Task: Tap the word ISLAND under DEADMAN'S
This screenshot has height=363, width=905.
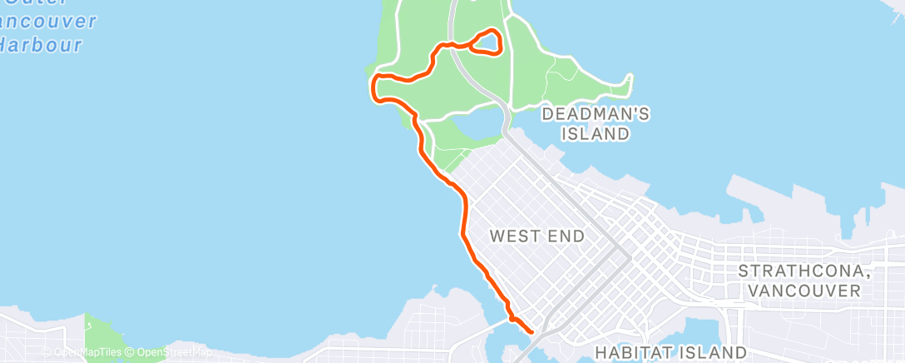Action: (594, 133)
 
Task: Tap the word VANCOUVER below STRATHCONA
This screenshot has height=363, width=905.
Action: (804, 291)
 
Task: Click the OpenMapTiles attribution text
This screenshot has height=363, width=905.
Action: (88, 353)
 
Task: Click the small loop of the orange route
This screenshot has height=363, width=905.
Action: (487, 42)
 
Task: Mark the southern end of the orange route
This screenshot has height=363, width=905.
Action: (531, 331)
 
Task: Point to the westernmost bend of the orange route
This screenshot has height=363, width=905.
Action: (373, 86)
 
